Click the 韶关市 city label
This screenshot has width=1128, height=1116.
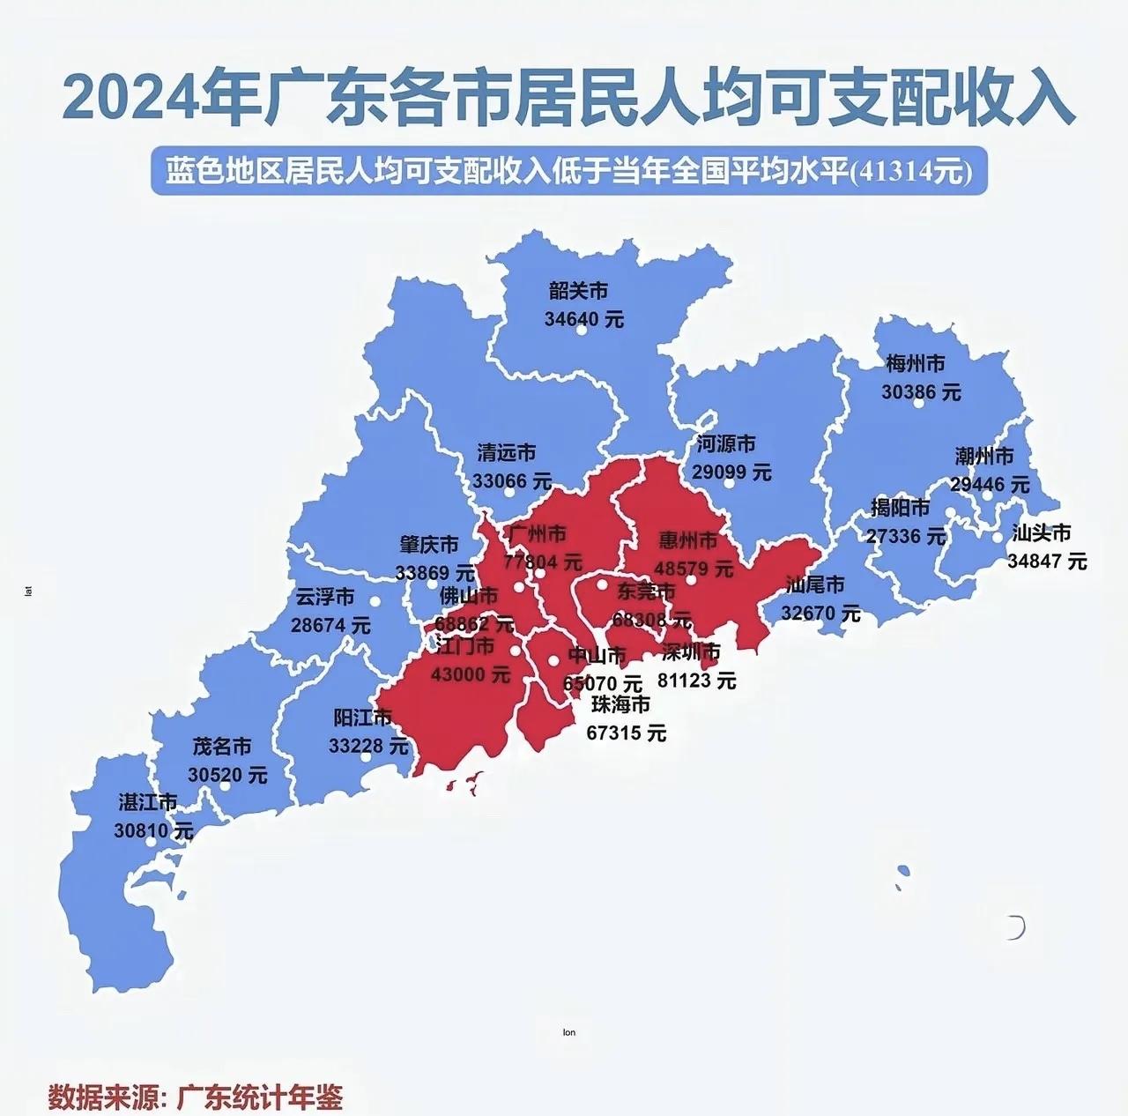click(578, 291)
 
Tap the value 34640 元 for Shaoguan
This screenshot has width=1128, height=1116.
click(583, 318)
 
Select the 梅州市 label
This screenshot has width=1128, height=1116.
click(916, 363)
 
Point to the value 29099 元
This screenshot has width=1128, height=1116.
click(731, 472)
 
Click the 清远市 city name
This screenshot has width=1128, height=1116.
click(506, 453)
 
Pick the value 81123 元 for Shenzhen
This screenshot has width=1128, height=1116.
click(696, 681)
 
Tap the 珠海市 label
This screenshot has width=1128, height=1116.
click(620, 704)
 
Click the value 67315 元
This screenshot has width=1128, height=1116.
click(626, 733)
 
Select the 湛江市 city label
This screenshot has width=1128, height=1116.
click(148, 802)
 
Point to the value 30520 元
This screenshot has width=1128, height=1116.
click(227, 775)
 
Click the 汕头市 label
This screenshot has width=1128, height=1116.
click(1042, 532)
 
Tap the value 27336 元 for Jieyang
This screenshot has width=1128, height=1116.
click(906, 536)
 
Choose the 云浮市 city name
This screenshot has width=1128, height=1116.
click(324, 597)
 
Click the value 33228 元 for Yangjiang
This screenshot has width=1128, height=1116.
click(368, 746)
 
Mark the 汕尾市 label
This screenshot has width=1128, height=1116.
click(815, 584)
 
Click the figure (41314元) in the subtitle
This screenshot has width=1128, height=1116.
click(909, 171)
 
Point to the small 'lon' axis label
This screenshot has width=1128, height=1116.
click(568, 1032)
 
